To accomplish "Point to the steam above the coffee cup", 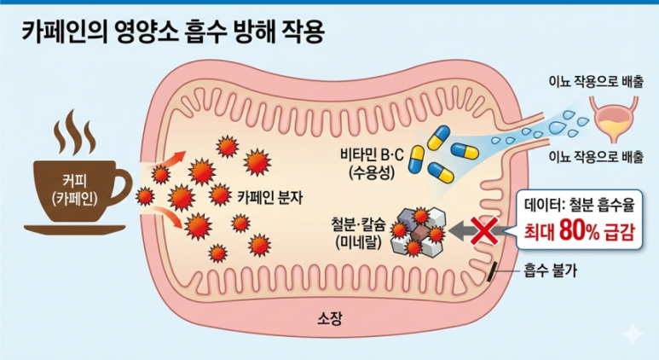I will pyautogui.click(x=76, y=136).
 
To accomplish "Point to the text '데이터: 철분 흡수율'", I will pyautogui.click(x=580, y=204).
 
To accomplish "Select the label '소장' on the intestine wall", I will pyautogui.click(x=329, y=319).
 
